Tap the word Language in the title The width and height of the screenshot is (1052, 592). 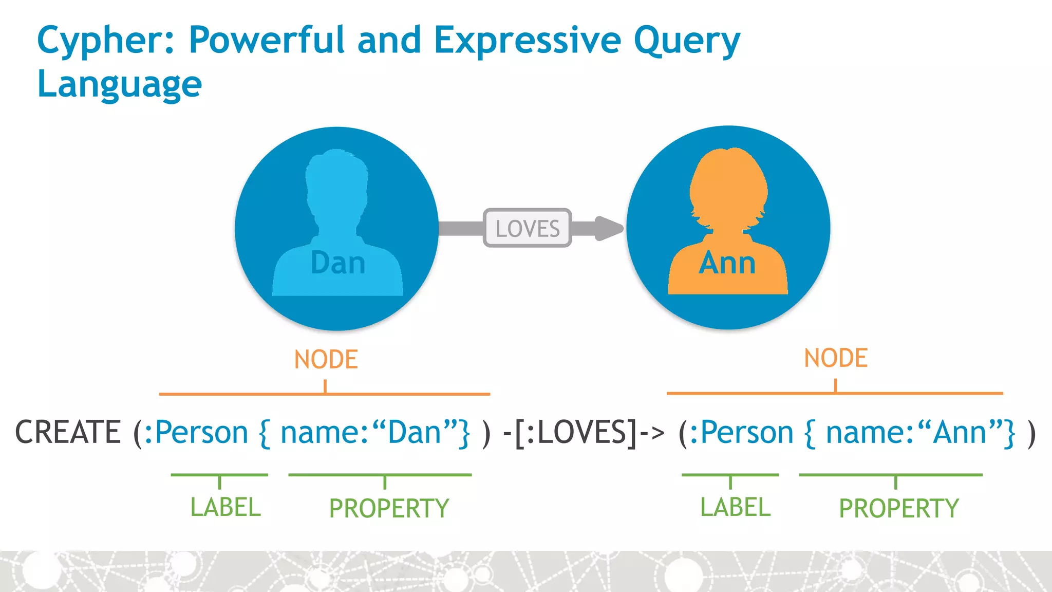(119, 84)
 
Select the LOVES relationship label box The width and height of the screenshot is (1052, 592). (527, 228)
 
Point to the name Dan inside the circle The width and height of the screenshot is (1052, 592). (337, 263)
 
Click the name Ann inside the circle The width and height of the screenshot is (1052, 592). (727, 263)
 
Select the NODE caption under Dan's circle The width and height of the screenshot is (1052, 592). (326, 359)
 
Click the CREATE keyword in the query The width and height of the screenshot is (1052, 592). (68, 432)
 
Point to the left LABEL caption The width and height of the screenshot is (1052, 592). (226, 508)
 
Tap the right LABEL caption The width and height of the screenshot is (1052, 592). (736, 508)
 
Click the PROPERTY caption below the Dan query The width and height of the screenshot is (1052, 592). (389, 509)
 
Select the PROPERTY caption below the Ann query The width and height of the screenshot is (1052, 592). (899, 509)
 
